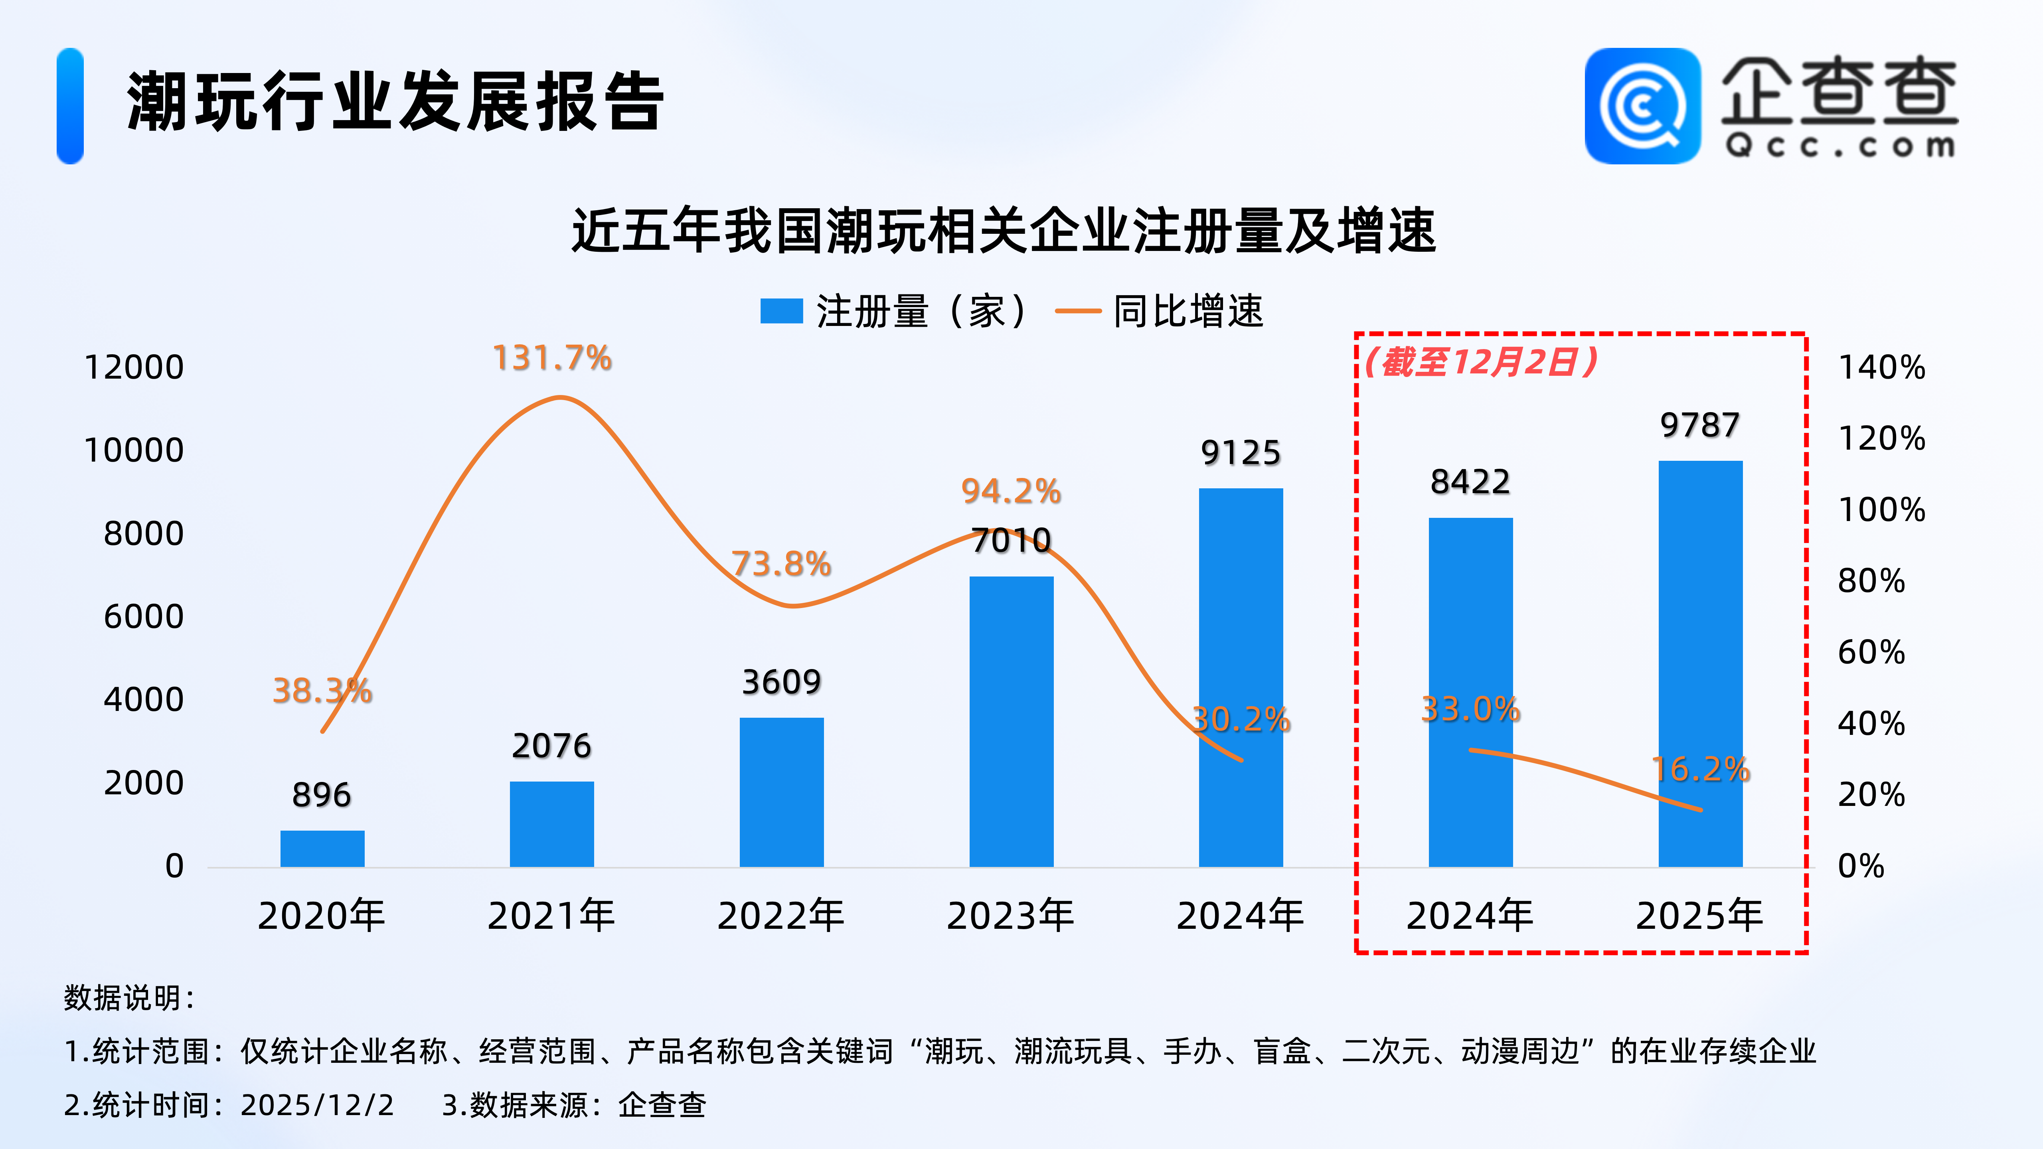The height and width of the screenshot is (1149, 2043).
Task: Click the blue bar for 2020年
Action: (x=322, y=849)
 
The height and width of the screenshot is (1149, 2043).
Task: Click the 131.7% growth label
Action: (x=552, y=358)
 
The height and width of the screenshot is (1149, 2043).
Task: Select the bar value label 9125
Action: (x=1241, y=453)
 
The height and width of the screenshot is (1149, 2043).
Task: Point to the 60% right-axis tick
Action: (x=1871, y=653)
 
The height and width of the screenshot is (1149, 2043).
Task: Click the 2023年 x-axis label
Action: (x=1010, y=916)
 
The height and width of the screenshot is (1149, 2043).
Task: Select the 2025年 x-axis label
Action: (x=1699, y=916)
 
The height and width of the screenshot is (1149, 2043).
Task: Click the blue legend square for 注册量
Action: (x=781, y=311)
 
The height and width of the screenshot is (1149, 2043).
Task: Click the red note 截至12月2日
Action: (x=1481, y=362)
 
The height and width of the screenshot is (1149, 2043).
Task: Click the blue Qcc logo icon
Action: (x=1642, y=106)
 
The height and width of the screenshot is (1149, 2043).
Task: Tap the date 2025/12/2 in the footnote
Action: (x=317, y=1105)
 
